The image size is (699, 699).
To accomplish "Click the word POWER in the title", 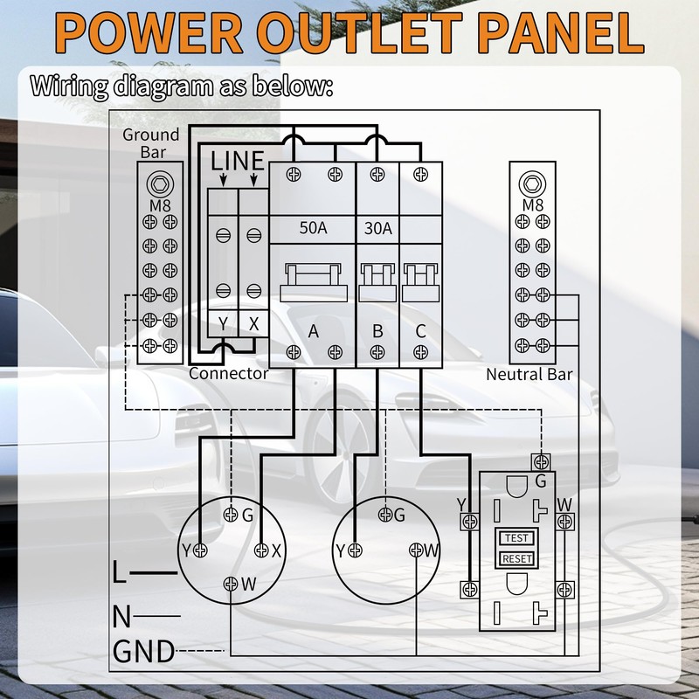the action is click(149, 33).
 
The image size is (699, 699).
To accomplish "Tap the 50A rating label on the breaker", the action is click(313, 228).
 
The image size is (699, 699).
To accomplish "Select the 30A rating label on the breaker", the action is click(378, 228).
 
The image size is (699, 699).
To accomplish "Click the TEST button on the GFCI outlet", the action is click(516, 538).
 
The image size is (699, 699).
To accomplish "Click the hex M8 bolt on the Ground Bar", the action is click(160, 183).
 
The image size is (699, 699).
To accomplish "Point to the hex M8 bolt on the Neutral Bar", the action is click(532, 183).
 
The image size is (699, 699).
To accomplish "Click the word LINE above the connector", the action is click(237, 161).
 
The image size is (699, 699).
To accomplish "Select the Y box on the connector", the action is click(223, 323).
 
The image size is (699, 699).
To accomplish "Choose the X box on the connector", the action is click(253, 323).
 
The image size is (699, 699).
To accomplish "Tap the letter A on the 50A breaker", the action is click(314, 331).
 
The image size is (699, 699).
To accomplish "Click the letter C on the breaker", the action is click(420, 331).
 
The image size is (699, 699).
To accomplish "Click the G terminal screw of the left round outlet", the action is click(231, 515).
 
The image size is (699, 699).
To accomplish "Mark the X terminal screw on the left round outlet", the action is click(261, 550).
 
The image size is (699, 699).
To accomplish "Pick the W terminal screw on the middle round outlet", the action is click(416, 550).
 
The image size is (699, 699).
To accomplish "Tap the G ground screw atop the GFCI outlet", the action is click(541, 462).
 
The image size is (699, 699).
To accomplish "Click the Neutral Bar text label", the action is click(529, 375).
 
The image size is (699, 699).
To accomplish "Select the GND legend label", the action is click(143, 651).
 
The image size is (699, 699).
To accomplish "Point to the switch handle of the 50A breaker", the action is click(314, 282).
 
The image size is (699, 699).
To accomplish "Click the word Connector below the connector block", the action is click(228, 374).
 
